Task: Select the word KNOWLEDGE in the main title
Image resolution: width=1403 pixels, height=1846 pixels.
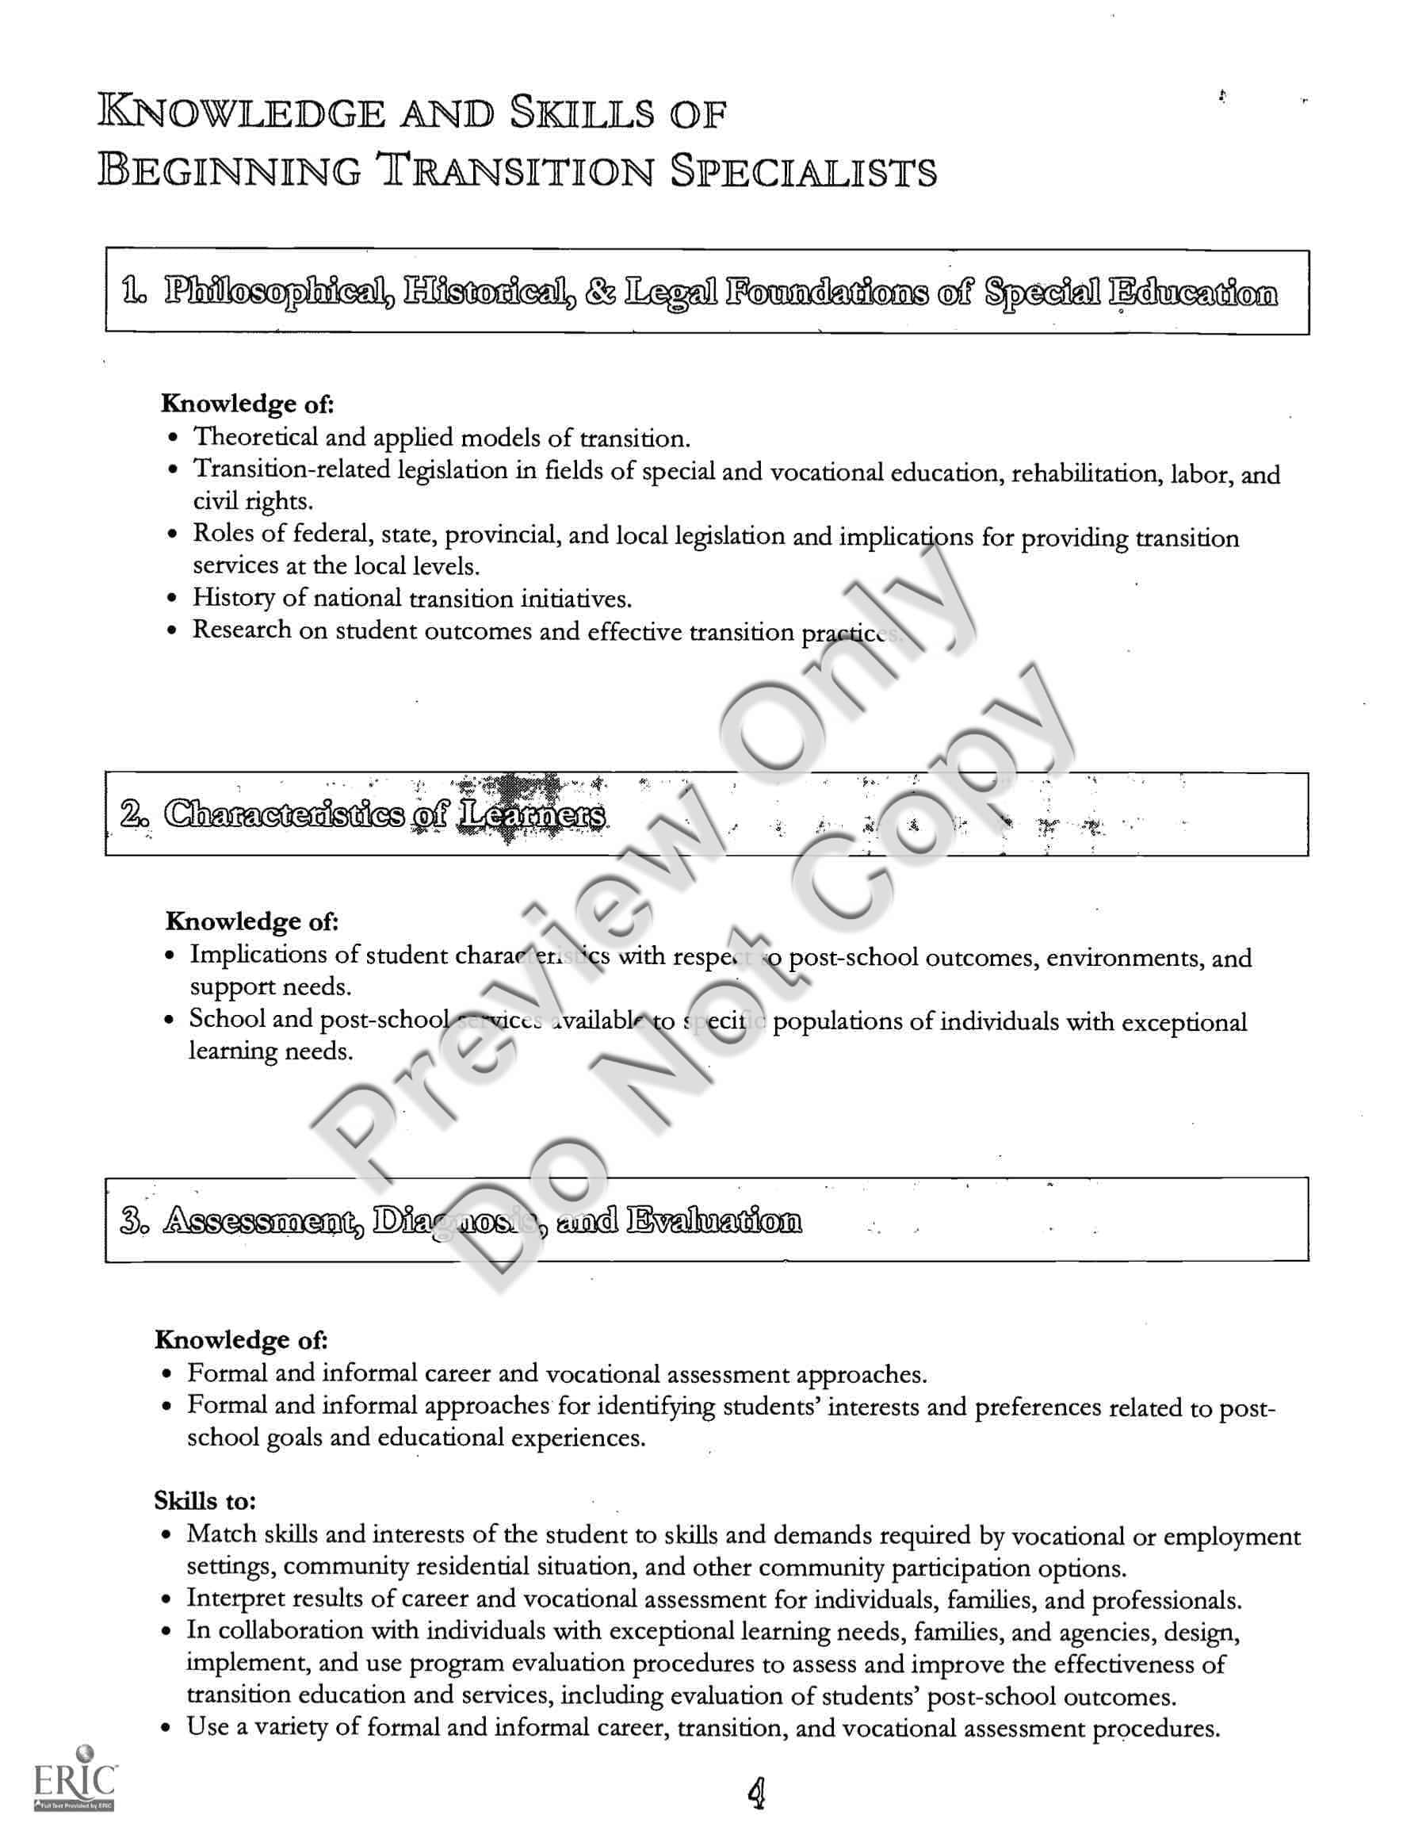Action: pos(243,113)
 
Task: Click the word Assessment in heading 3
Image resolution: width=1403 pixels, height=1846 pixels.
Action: pos(263,1221)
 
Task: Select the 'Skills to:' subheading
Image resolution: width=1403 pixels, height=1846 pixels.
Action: pos(205,1501)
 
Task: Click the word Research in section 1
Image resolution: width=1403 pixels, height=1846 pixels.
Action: pos(243,630)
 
